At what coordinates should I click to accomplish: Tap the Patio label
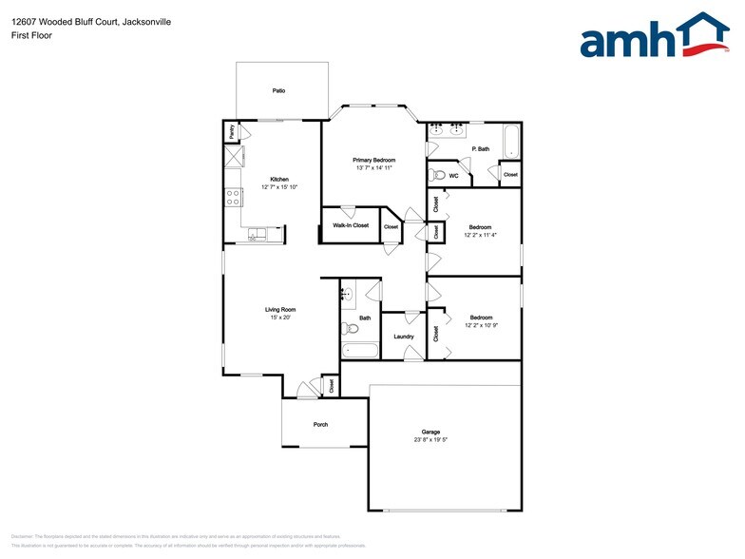278,91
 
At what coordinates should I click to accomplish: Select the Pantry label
230,131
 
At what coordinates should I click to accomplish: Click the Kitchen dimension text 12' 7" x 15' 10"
278,187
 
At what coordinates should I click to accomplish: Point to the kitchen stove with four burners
232,198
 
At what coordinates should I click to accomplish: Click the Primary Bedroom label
373,160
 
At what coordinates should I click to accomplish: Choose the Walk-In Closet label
350,225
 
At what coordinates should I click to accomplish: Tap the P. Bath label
481,149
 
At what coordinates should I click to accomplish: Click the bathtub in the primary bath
511,143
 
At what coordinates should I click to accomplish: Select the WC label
454,176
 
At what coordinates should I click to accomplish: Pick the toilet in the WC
437,175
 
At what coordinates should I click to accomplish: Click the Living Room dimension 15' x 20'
280,318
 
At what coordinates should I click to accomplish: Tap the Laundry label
403,337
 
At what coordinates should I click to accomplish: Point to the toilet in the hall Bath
350,329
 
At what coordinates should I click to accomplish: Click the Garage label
431,431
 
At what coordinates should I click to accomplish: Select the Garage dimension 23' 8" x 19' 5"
431,439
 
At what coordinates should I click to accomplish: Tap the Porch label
320,424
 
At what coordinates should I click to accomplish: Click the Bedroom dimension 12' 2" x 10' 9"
481,325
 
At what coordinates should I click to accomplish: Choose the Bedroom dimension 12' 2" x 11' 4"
481,235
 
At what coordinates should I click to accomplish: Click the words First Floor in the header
31,35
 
